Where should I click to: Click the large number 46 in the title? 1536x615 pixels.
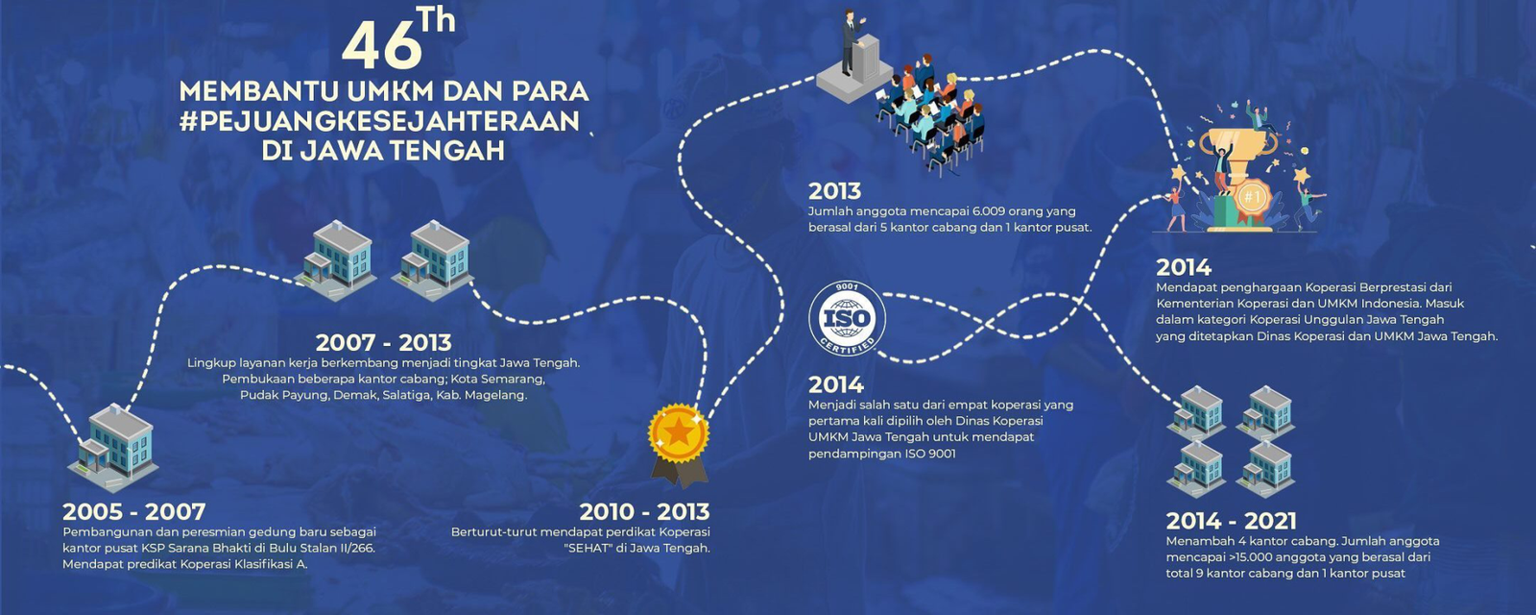(x=381, y=45)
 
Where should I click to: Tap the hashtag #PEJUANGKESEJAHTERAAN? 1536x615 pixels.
(x=380, y=121)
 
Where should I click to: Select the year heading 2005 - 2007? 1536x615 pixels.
(x=134, y=511)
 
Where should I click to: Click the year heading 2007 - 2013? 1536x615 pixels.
(x=383, y=342)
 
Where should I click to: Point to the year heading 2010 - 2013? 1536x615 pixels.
(x=644, y=511)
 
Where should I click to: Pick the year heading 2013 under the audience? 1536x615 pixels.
(x=834, y=191)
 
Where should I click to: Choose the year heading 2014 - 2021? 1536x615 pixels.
(x=1231, y=521)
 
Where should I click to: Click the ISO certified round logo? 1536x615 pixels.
(x=847, y=318)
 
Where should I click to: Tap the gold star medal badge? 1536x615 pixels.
(x=679, y=445)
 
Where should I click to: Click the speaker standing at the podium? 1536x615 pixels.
(x=851, y=41)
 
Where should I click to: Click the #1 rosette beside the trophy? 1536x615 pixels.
(x=1253, y=198)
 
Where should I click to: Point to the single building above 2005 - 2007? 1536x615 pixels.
(x=114, y=447)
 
